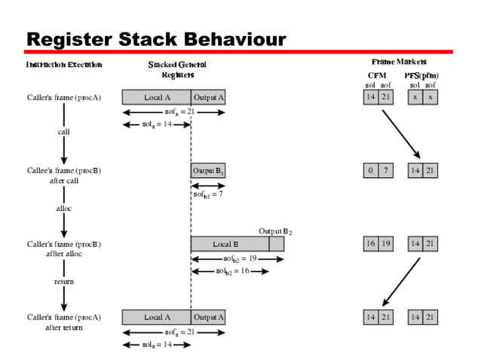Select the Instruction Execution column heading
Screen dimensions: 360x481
click(64, 65)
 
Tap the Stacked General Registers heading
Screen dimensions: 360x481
click(177, 69)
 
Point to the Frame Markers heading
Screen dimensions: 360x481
click(399, 61)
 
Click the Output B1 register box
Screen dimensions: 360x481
click(209, 171)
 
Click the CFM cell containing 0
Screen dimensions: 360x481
click(370, 171)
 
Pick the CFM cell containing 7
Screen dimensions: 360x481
click(385, 171)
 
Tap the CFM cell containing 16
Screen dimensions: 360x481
click(370, 244)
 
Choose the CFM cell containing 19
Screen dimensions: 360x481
click(385, 244)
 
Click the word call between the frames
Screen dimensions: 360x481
click(64, 132)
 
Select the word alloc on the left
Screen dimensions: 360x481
click(64, 207)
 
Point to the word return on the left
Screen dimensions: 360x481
click(64, 281)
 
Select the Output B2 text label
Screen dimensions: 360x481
click(275, 231)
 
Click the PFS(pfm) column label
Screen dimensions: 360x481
click(421, 76)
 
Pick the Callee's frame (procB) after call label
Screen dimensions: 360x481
click(64, 175)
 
